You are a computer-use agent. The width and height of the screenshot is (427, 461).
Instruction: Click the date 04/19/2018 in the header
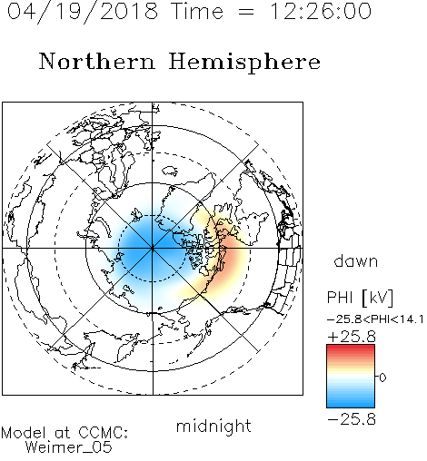(83, 12)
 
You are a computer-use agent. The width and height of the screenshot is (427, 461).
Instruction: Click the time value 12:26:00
(321, 11)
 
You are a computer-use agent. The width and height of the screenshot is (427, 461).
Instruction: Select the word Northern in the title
(97, 61)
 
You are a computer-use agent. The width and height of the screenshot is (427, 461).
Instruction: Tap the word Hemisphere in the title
(244, 63)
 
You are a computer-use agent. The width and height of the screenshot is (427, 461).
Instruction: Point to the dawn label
(356, 260)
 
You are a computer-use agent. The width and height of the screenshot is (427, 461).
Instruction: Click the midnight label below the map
(213, 427)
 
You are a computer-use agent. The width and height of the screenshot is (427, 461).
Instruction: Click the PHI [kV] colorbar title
(360, 298)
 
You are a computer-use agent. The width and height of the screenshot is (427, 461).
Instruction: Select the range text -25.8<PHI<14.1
(375, 319)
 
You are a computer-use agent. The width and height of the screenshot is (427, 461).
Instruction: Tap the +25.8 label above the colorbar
(352, 337)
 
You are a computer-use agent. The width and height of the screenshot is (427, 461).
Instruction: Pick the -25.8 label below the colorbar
(352, 419)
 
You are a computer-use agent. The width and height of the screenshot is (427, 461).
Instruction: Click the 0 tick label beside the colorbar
(382, 378)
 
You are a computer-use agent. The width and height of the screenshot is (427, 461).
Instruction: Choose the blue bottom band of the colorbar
(351, 404)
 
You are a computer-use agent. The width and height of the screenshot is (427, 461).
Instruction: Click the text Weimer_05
(69, 447)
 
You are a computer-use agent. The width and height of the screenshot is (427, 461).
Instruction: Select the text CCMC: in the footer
(104, 433)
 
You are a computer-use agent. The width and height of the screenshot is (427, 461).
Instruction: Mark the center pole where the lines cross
(153, 248)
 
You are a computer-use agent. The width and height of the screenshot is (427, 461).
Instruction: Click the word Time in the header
(197, 11)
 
